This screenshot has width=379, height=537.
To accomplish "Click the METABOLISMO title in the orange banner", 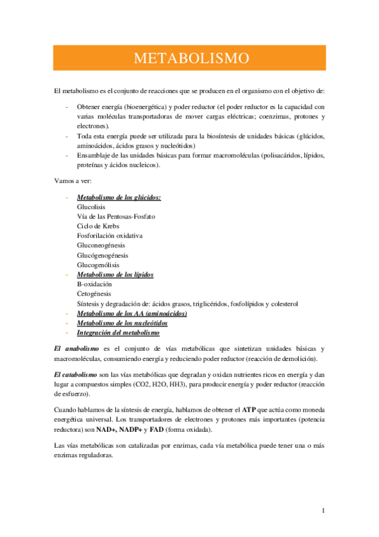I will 191,59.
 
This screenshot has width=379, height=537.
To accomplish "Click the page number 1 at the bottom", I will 323,510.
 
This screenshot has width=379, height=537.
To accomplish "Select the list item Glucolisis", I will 91,207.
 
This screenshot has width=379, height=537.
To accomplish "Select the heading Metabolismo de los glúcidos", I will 118,198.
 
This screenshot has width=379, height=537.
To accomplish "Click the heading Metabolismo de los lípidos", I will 115,274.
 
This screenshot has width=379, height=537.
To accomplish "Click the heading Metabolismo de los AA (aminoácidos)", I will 132,313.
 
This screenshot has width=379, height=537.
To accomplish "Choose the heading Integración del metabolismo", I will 118,332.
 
